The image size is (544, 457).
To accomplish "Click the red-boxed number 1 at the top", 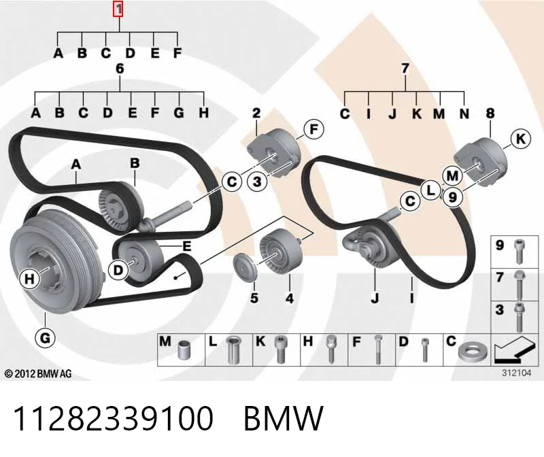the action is coord(118,10).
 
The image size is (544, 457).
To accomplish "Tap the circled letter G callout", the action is coord(45,337).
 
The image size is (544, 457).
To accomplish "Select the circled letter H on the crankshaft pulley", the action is coord(29,279).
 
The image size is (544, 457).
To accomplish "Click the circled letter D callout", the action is coord(118,269).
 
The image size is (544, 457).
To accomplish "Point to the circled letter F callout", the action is coord(313,129).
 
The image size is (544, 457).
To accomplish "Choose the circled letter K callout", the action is coord(521,139).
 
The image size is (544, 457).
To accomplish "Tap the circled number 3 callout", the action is coord(257,181).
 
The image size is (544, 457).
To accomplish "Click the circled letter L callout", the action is coord(430,190).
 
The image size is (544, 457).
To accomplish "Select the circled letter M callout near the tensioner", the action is coord(452,176).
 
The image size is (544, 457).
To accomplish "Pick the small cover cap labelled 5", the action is coord(245,267).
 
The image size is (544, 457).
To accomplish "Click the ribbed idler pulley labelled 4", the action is coord(280,252).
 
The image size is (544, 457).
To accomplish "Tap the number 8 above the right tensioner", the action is coord(490,113).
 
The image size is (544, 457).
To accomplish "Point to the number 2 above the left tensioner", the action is coord(256,113).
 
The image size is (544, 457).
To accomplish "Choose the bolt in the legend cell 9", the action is coord(520,251).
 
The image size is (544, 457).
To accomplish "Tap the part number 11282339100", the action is coord(113,418).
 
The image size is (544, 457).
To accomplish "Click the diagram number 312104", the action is coord(517,373).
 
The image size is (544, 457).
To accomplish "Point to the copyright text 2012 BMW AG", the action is coord(38,374).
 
